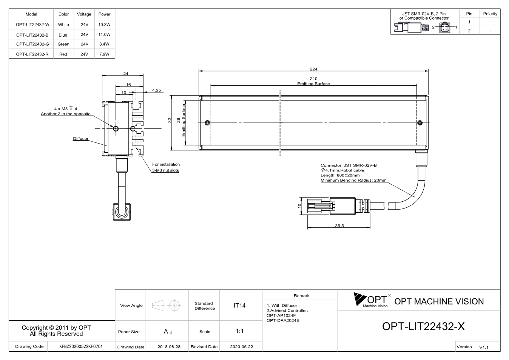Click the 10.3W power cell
tap(104, 25)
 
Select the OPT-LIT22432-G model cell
tap(32, 44)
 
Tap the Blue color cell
tap(63, 35)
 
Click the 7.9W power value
tap(104, 54)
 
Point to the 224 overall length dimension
tap(313, 69)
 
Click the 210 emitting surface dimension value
tap(313, 79)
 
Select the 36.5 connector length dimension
tap(339, 226)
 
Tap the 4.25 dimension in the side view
tap(157, 90)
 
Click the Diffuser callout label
tap(81, 138)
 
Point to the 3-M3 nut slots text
tap(165, 170)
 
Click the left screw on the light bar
tap(207, 123)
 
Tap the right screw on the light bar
tap(420, 123)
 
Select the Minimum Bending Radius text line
tap(353, 180)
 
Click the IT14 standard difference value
tap(239, 306)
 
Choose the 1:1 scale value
tap(239, 331)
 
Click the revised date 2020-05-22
tap(241, 347)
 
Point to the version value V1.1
tap(484, 347)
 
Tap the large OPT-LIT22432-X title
tap(423, 326)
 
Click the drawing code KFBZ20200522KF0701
tap(81, 346)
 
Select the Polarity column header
tap(490, 14)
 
